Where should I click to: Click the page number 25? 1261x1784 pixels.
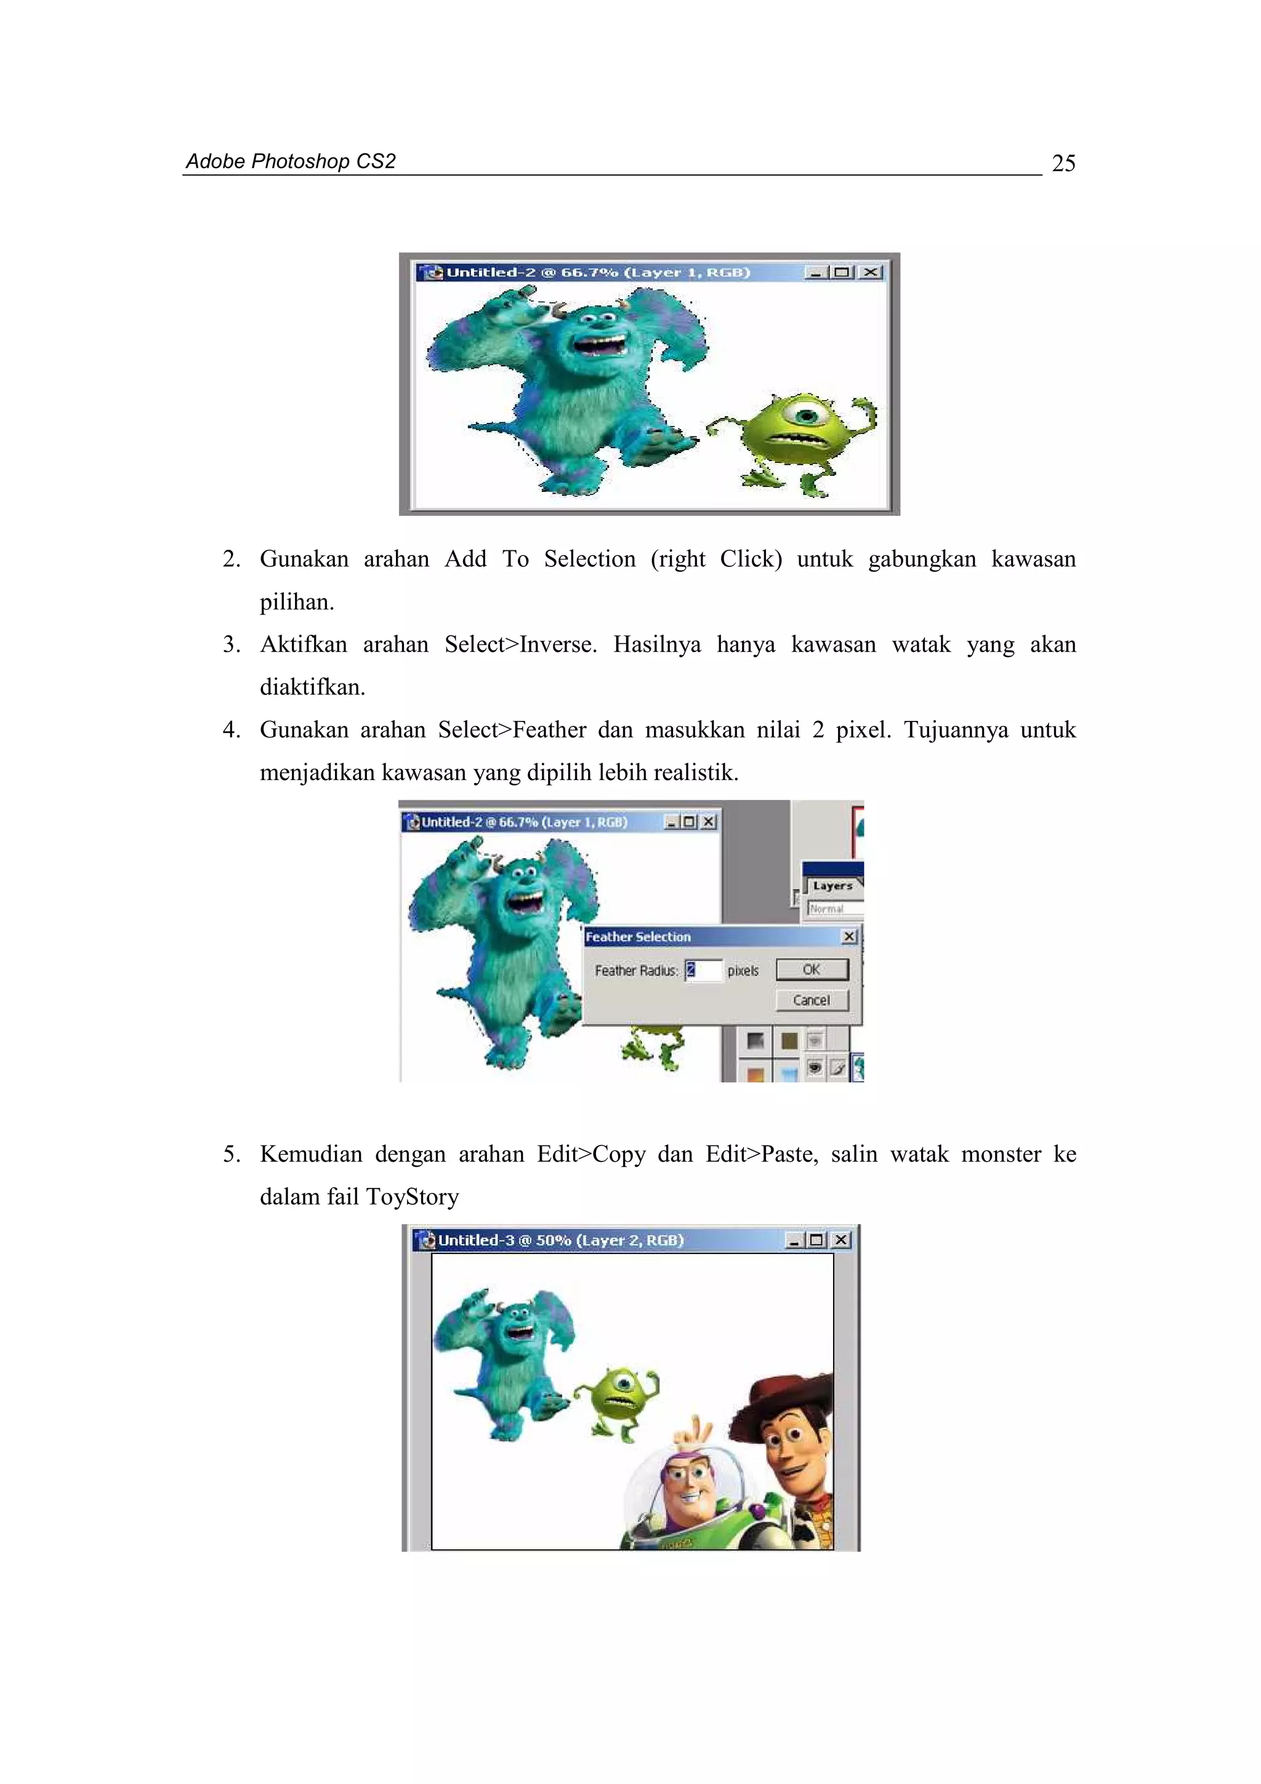(x=1063, y=163)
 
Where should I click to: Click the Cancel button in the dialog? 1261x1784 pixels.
(x=811, y=1000)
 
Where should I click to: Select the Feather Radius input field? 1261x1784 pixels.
(x=703, y=970)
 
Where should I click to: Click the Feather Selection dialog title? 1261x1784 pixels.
(x=638, y=937)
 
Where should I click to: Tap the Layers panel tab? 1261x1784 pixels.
(x=832, y=886)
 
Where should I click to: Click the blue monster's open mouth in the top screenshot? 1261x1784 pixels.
(x=599, y=344)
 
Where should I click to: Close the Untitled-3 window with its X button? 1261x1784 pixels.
(x=840, y=1240)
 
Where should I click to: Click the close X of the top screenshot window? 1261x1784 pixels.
(x=872, y=272)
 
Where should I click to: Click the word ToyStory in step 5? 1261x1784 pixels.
(x=412, y=1197)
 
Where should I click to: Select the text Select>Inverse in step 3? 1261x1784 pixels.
(x=520, y=644)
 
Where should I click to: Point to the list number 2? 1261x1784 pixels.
(x=231, y=559)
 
